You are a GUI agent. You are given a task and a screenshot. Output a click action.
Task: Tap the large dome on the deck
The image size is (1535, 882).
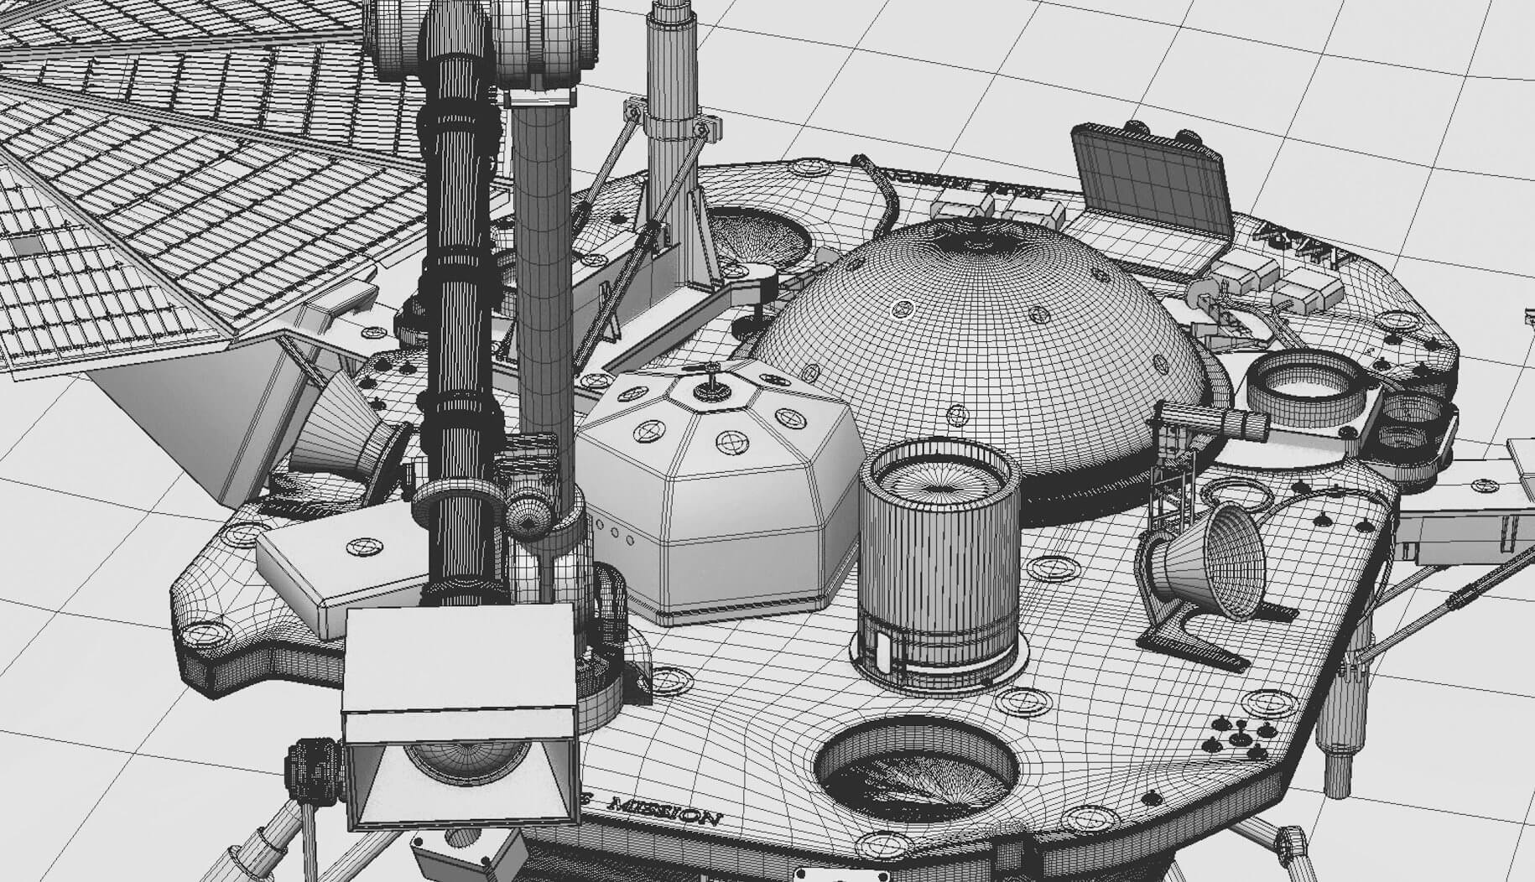point(981,335)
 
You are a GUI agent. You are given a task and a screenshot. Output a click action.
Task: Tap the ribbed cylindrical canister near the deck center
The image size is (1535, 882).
point(940,553)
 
